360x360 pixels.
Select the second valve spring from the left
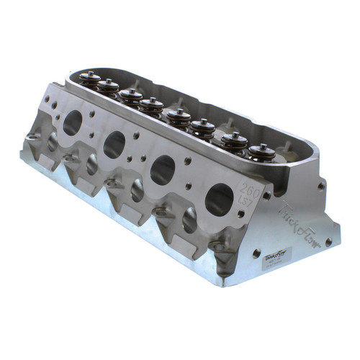click(108, 86)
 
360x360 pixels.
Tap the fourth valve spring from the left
click(151, 106)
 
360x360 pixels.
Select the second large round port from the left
click(114, 145)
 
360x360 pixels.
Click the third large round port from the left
click(163, 170)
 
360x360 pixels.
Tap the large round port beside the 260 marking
click(219, 199)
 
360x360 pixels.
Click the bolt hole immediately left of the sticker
click(256, 253)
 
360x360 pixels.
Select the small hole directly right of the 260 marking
click(266, 195)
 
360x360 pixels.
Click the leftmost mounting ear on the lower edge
click(33, 136)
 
